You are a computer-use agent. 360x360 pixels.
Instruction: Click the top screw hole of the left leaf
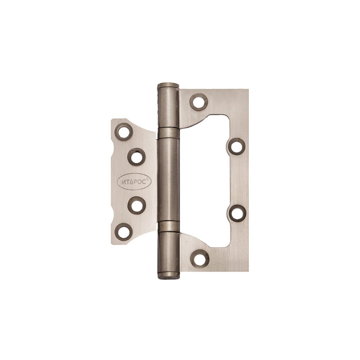[x=123, y=132]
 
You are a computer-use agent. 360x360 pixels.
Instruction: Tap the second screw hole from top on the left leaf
[x=136, y=157]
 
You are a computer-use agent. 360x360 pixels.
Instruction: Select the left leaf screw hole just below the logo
[x=137, y=205]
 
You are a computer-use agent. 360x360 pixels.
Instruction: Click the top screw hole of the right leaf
[x=199, y=102]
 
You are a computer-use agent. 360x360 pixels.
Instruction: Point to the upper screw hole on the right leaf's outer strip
[x=237, y=146]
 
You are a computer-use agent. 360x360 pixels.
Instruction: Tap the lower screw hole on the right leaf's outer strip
[x=238, y=213]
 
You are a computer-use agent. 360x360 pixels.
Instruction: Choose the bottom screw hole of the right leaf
[x=200, y=259]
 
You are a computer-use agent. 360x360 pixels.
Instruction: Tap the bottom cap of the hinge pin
[x=169, y=275]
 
